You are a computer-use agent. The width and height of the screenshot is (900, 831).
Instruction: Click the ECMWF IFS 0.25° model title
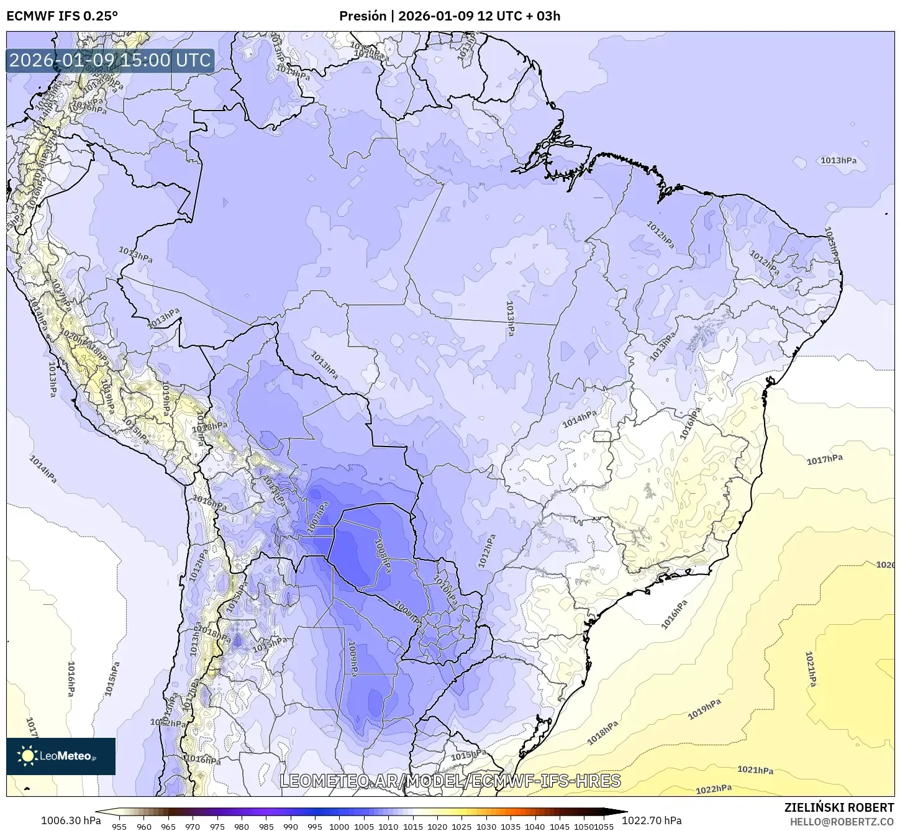(62, 16)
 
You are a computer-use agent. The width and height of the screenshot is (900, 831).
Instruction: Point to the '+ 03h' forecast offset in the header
(543, 16)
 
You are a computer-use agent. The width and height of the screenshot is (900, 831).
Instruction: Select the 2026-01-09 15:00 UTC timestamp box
(111, 60)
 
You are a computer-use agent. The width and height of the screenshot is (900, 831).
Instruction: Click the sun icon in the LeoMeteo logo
(27, 756)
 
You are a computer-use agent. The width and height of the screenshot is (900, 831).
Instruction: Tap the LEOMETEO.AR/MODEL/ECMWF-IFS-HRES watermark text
(450, 781)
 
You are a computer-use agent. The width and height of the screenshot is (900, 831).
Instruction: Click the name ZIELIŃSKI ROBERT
(839, 808)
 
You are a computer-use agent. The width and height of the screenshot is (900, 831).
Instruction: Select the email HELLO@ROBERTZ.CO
(842, 821)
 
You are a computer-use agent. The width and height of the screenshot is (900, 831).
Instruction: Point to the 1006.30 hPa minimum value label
(71, 820)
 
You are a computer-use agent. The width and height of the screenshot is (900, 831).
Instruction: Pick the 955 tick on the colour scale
(119, 827)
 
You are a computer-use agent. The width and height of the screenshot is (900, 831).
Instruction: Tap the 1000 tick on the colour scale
(339, 827)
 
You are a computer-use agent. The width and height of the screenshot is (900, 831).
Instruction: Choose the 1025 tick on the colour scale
(461, 827)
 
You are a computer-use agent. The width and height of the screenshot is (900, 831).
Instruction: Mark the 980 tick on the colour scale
(242, 827)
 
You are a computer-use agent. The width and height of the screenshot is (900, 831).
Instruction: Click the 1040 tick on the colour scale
(535, 827)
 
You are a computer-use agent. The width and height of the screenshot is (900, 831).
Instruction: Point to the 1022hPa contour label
(714, 789)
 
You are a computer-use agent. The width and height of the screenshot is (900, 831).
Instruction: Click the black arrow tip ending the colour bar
(624, 811)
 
